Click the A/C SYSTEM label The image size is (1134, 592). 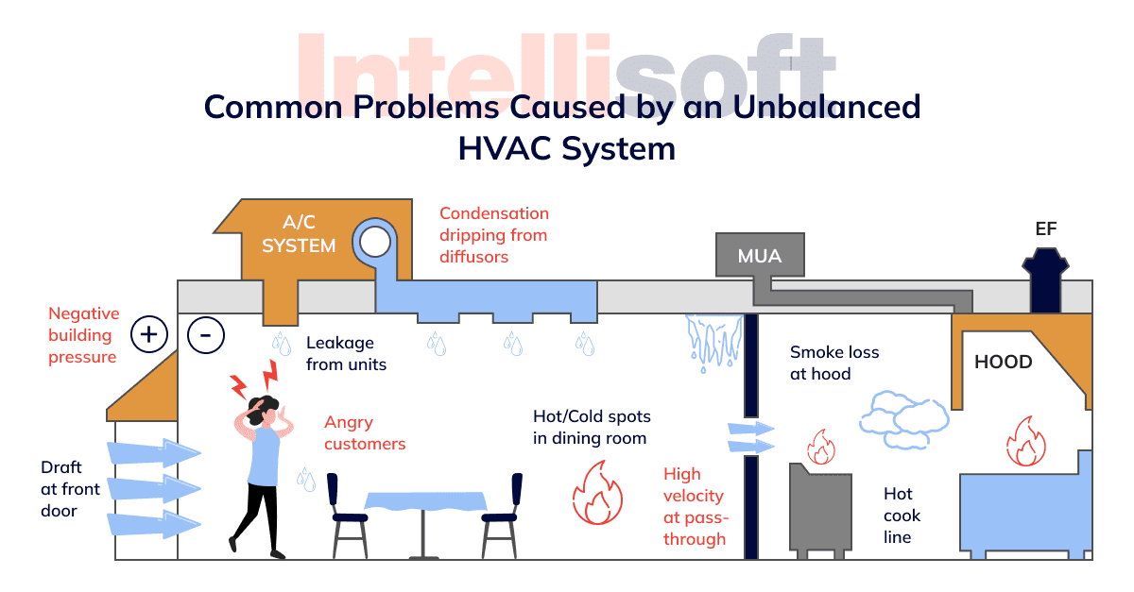[x=299, y=234]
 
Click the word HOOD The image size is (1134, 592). [x=1003, y=363]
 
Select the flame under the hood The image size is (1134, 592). [x=1024, y=440]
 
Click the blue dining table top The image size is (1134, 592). [x=424, y=501]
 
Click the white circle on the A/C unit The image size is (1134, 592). [x=374, y=243]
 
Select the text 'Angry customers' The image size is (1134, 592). [x=364, y=432]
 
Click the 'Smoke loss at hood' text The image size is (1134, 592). [x=833, y=363]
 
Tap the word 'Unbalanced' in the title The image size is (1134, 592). [x=823, y=107]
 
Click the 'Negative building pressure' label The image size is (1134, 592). [x=84, y=335]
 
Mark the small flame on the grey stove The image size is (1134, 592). [x=818, y=445]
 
